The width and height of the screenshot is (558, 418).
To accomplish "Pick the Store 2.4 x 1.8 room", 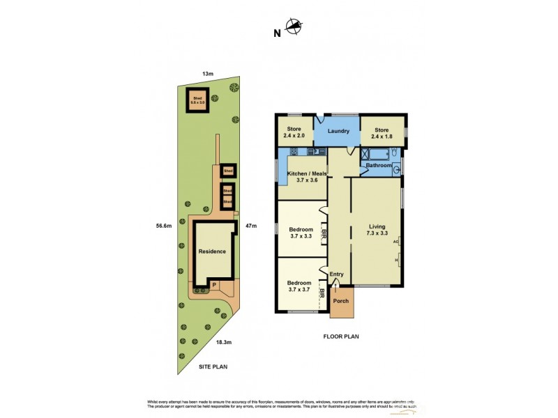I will tap(382, 132).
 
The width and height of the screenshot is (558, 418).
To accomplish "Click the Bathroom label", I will tap(379, 165).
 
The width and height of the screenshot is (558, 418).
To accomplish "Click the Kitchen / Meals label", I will tap(303, 177).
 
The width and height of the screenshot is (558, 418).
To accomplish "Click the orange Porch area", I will tap(341, 301).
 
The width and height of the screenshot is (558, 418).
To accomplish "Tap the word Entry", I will tap(337, 274).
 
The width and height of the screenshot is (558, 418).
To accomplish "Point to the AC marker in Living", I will tap(396, 241).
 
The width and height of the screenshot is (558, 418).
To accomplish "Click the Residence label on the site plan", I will tap(212, 251).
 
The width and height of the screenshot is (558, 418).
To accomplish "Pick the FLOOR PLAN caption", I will tap(340, 336).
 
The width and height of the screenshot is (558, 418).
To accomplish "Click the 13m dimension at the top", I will tap(207, 73).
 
